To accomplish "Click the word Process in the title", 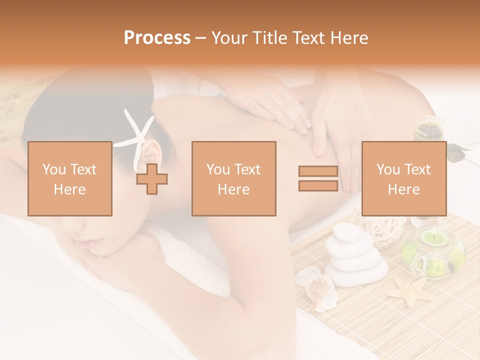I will [x=157, y=37].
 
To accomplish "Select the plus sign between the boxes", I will [x=152, y=179].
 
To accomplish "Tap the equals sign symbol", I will [x=318, y=178].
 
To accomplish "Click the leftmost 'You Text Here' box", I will [x=70, y=178].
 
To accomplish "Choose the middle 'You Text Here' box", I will [x=234, y=178].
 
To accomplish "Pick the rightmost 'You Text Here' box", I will [x=404, y=178].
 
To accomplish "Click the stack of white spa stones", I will [x=354, y=256].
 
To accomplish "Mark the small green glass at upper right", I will [x=429, y=128].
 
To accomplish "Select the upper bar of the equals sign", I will [x=318, y=171].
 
